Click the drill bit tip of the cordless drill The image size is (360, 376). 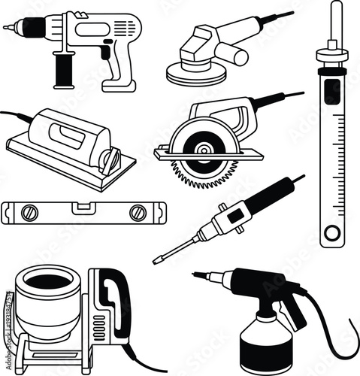(5, 28)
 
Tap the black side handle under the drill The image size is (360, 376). (63, 70)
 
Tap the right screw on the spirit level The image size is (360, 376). (137, 213)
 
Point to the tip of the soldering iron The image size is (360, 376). (156, 261)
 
